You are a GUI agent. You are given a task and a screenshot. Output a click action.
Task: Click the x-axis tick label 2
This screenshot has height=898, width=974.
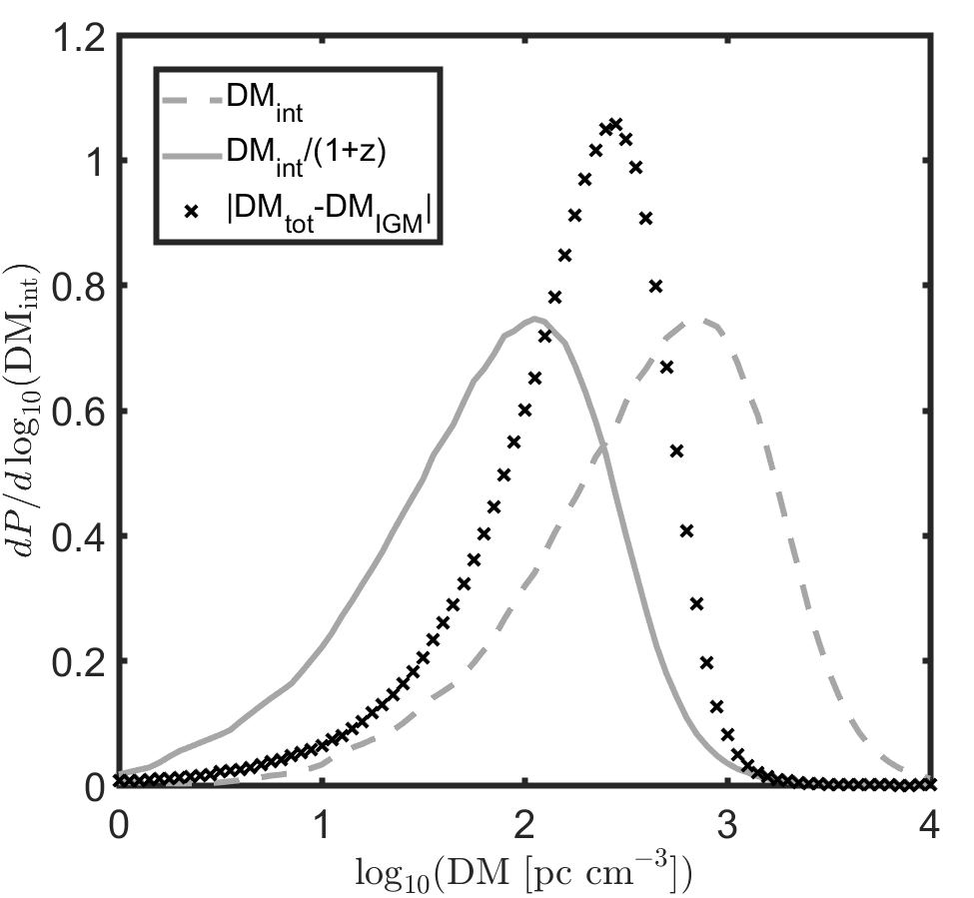524,827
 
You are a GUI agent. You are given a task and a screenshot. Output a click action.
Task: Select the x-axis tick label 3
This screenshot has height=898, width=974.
727,827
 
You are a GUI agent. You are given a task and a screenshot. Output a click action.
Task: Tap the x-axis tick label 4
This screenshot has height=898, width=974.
930,827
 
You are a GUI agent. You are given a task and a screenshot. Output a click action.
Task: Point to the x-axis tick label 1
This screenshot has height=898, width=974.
321,827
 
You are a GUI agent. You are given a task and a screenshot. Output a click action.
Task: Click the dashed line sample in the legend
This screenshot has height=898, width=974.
192,99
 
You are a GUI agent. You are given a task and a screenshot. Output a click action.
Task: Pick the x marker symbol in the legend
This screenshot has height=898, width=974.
192,212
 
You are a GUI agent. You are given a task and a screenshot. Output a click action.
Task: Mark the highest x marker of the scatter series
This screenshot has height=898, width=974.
615,124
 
